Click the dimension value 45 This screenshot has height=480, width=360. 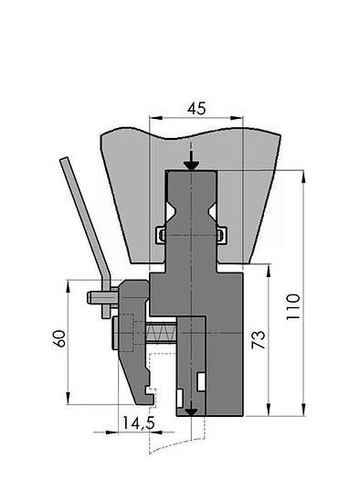[196, 109]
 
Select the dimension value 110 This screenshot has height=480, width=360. [293, 306]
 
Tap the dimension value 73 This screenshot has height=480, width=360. [259, 339]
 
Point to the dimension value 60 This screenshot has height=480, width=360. [59, 338]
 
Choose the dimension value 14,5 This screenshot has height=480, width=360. [139, 422]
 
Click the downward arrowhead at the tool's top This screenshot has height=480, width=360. [191, 165]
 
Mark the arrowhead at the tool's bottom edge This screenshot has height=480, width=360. [191, 412]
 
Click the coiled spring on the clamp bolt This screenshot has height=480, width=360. [161, 333]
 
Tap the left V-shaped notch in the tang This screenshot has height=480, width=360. [170, 211]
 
